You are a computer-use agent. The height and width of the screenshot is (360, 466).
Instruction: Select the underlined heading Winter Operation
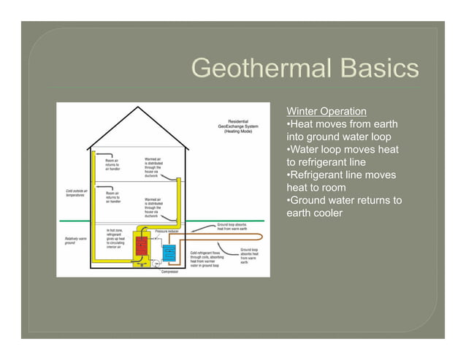tap(326, 112)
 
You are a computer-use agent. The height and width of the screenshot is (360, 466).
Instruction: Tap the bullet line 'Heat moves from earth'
tap(342, 124)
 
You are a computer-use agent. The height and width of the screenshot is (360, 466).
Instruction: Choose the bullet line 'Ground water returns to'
tap(343, 200)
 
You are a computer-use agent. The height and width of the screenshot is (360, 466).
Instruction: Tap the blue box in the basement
tap(169, 253)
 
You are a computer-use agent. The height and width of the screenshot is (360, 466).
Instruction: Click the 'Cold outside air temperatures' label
tap(75, 194)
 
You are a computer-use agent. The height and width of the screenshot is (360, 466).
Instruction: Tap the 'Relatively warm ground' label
tap(75, 240)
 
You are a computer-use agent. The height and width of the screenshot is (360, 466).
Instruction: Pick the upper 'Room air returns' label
tap(112, 164)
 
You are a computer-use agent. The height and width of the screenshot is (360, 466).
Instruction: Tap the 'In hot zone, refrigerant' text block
tap(116, 238)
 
